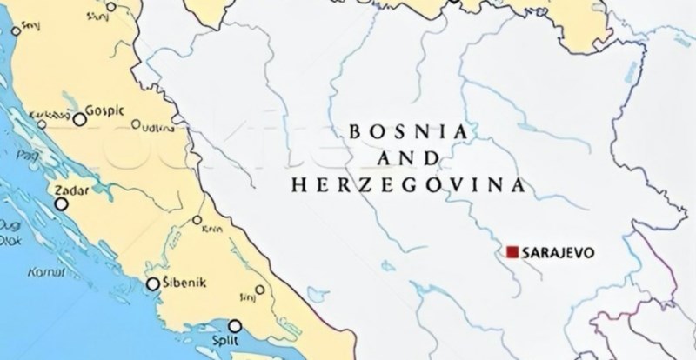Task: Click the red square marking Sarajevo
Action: click(x=512, y=252)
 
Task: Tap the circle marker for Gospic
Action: click(x=80, y=120)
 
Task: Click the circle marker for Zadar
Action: click(x=61, y=204)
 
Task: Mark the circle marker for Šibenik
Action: click(x=153, y=283)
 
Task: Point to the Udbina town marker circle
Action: click(x=136, y=124)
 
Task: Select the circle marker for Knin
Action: click(x=198, y=219)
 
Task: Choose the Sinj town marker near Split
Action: click(x=259, y=290)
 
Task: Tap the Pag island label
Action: click(x=23, y=152)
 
